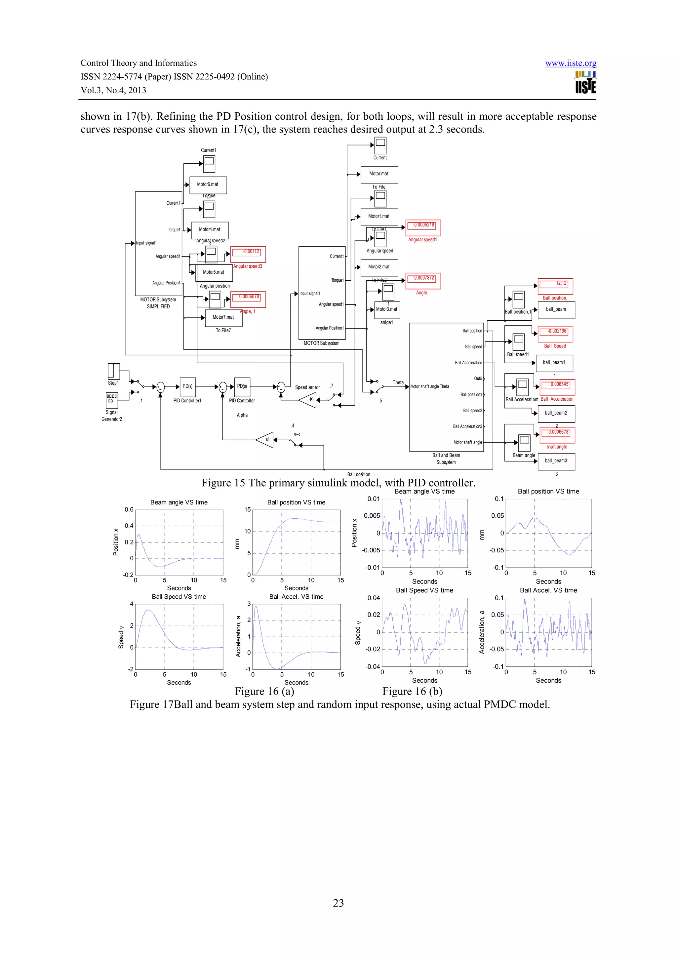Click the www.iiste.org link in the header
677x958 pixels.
tap(570, 63)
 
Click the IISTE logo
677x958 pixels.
tap(585, 83)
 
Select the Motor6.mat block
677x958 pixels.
tap(208, 185)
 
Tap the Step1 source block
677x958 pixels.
tap(113, 371)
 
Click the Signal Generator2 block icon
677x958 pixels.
tap(111, 400)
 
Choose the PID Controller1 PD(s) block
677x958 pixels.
tap(187, 387)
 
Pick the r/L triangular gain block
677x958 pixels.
tap(266, 440)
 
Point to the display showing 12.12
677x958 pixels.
tap(555, 286)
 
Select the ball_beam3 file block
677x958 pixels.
tap(556, 461)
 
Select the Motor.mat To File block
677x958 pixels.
tap(379, 174)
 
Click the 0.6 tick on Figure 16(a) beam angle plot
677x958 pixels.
tap(129, 509)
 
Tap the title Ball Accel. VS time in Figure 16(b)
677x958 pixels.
tap(548, 590)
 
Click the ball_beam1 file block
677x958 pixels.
tap(554, 363)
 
